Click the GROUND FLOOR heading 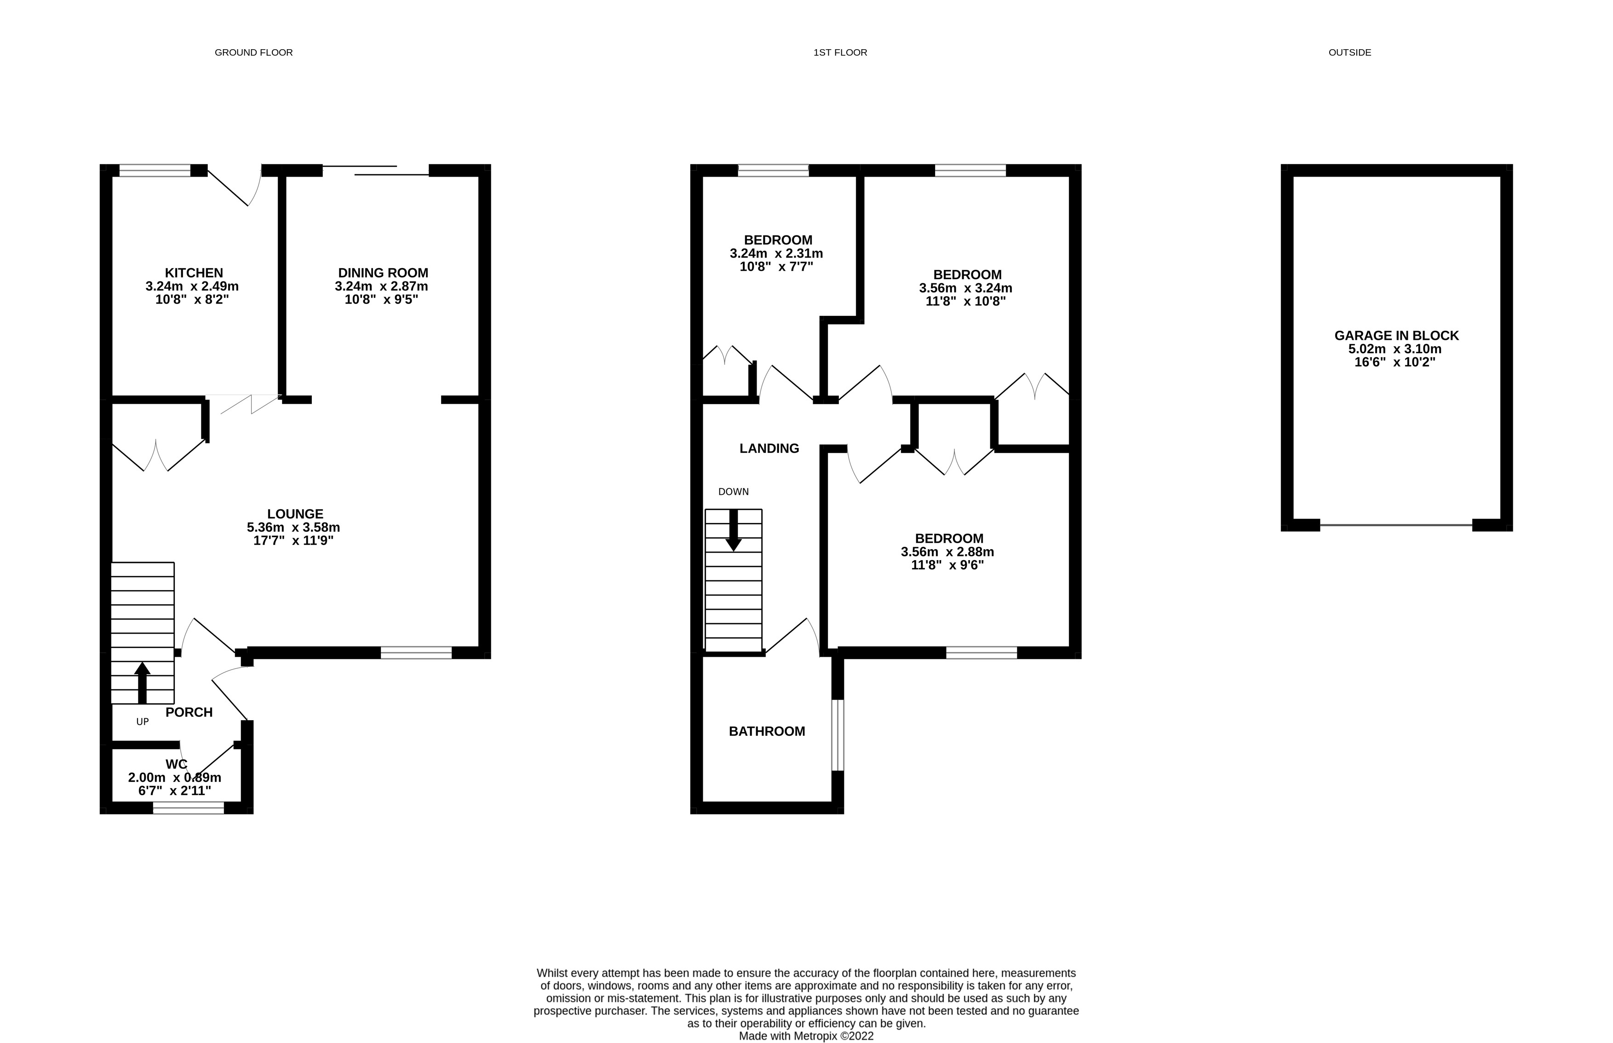[253, 52]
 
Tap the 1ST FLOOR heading [840, 52]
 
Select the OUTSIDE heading [1349, 52]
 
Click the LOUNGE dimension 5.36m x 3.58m [293, 527]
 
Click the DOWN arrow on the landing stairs [733, 530]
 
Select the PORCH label [189, 712]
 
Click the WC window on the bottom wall [188, 807]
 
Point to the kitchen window [155, 170]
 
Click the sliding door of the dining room [376, 170]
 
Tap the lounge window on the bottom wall [416, 652]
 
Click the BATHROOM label [767, 731]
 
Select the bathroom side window [838, 735]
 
